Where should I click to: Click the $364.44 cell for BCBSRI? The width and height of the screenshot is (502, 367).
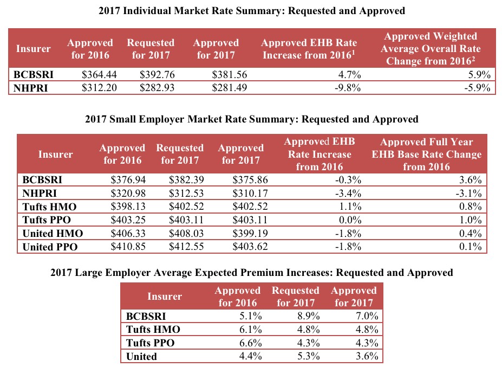pos(99,75)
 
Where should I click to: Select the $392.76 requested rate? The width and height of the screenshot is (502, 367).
pos(157,75)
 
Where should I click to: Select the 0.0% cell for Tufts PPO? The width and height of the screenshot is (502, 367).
pos(349,220)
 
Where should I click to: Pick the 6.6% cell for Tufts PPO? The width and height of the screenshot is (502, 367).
pos(249,343)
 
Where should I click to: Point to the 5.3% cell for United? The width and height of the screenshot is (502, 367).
pos(307,356)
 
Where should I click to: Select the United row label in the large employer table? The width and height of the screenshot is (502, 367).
pos(141,356)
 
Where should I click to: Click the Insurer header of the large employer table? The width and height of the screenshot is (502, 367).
pos(165,297)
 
